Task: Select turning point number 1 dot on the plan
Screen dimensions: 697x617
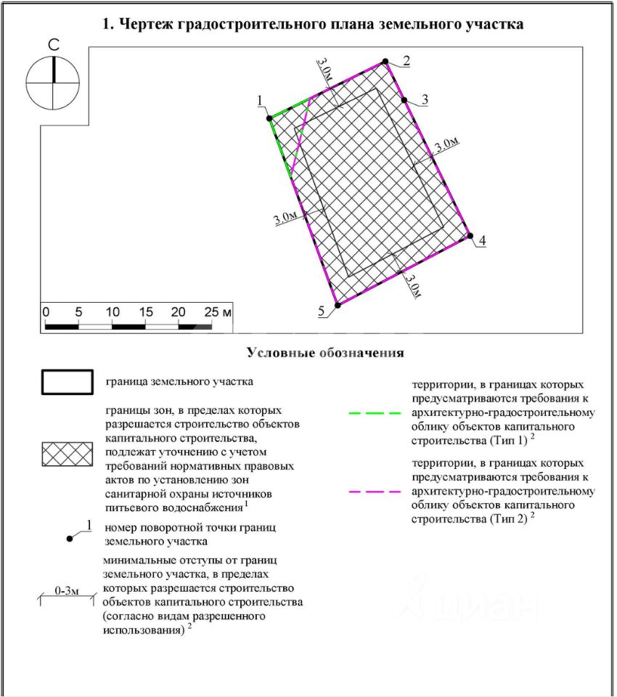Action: point(269,117)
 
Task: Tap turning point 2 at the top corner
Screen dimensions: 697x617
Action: point(385,62)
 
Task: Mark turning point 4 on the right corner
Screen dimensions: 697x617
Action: point(470,236)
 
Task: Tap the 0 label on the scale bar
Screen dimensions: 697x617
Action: point(46,311)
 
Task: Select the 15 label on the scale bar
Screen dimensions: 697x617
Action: point(145,311)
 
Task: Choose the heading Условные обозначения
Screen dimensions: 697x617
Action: point(325,353)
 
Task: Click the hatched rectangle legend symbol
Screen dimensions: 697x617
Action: point(67,454)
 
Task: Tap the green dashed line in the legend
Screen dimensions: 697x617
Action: point(375,412)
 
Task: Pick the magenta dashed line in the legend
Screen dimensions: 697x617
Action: point(375,492)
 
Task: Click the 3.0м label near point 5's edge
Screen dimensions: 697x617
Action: point(413,285)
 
